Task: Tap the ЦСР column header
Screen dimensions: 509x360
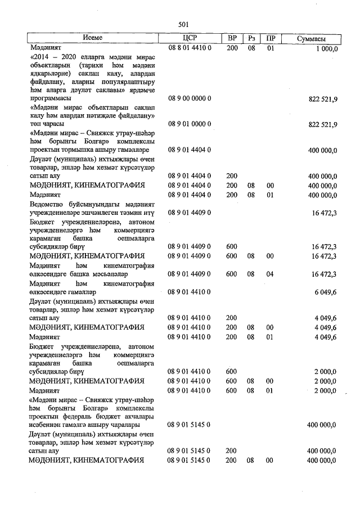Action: point(188,38)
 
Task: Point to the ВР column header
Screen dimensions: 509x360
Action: point(232,38)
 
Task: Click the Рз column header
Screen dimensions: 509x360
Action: point(251,38)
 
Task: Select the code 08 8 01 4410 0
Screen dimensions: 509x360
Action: point(188,49)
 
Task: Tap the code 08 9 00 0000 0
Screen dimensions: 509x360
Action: point(188,98)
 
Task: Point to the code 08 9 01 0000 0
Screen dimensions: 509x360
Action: point(188,124)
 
